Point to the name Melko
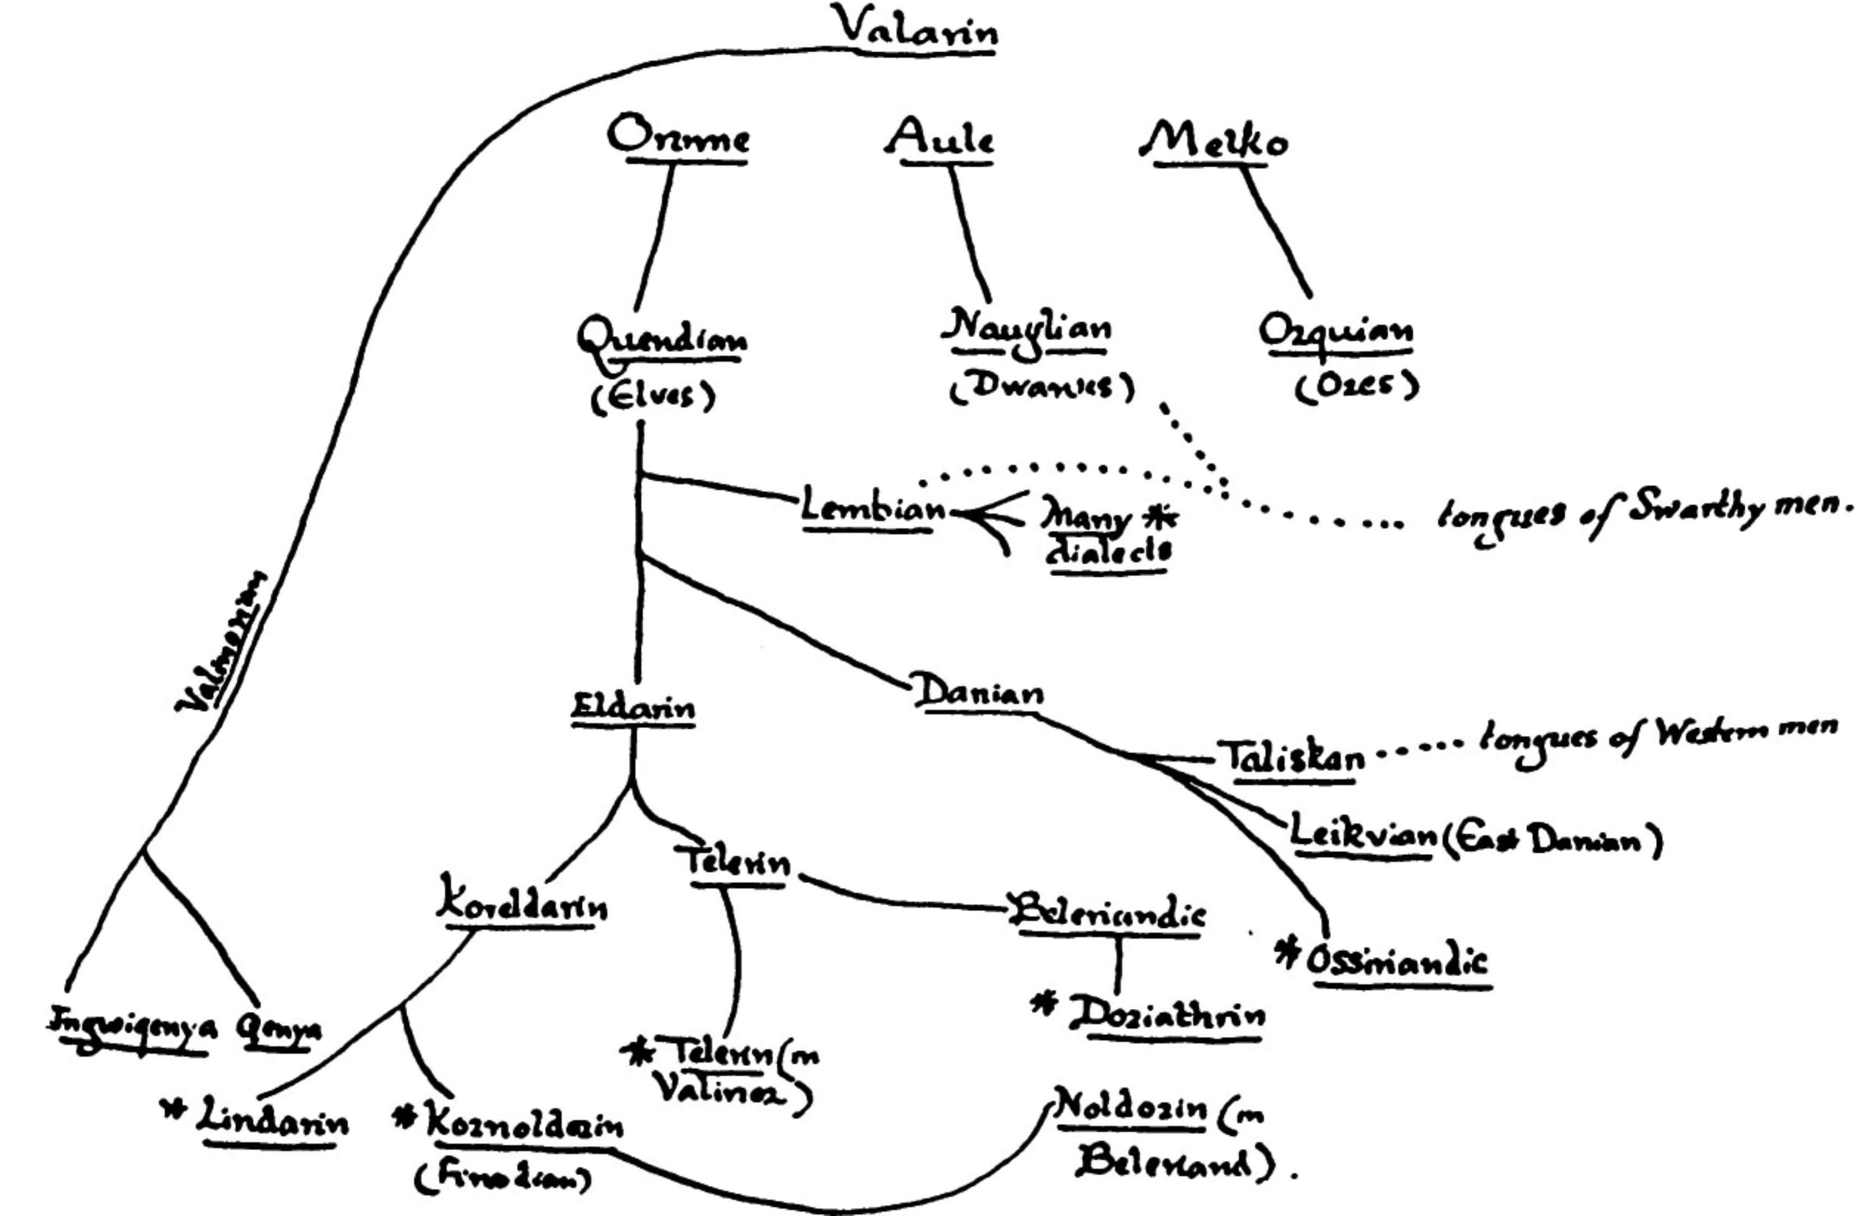(x=1213, y=142)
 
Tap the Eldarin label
(x=633, y=708)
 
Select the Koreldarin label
(x=522, y=908)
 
